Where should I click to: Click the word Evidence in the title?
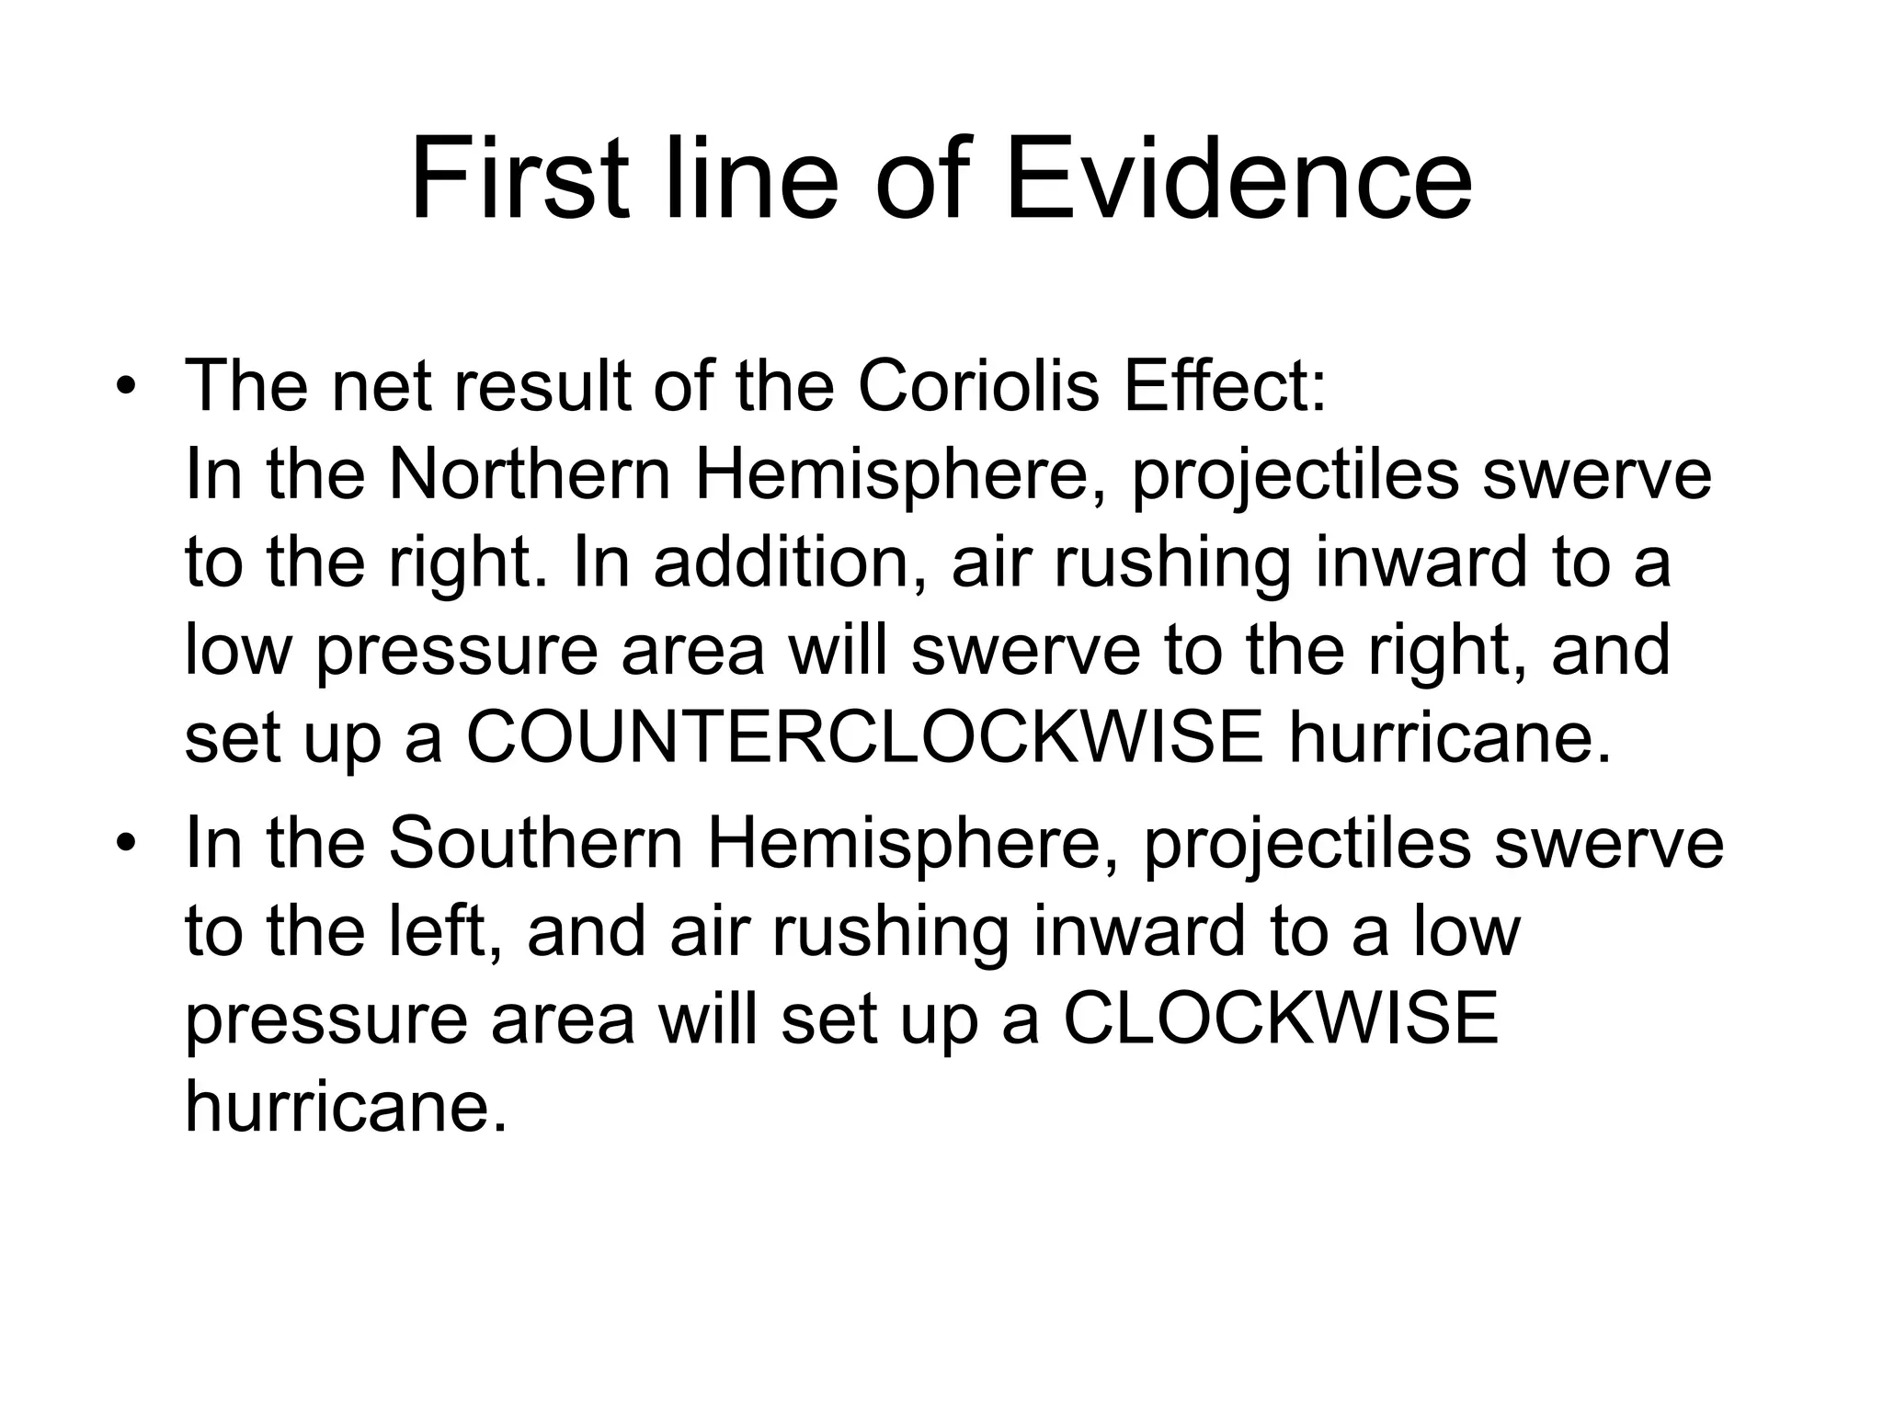[1238, 181]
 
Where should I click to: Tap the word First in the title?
[520, 181]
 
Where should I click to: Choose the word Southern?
[536, 844]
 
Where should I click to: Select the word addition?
[781, 563]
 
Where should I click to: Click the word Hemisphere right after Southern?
[911, 844]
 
